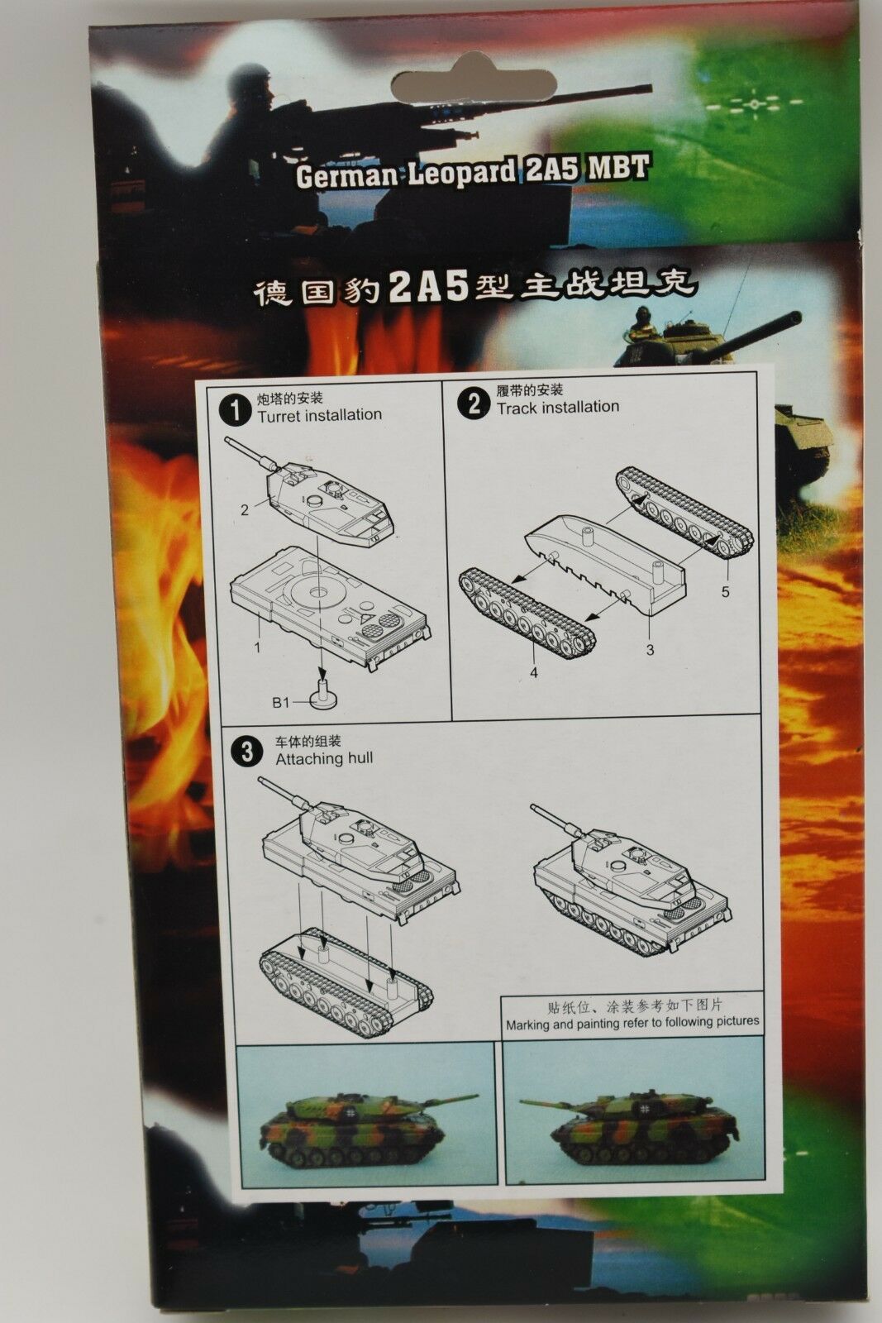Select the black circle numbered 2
(474, 404)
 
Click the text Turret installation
(319, 415)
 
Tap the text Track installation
(558, 407)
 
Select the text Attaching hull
(324, 758)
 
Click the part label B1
(280, 702)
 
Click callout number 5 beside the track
(725, 591)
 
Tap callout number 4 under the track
(534, 672)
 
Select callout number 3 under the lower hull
(650, 650)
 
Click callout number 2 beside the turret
(245, 509)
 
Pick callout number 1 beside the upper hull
(257, 648)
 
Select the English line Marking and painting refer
(632, 1022)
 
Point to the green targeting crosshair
(754, 104)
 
